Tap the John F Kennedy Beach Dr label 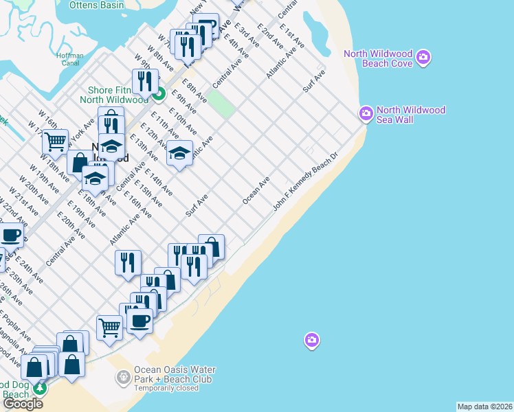pos(306,182)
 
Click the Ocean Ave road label pos(256,190)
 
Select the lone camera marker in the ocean pos(312,340)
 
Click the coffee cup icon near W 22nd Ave pos(11,235)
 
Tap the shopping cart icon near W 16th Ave pos(55,141)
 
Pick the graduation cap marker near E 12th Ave pos(179,152)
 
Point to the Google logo pos(23,404)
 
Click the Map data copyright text pos(484,407)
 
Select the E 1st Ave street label pos(287,34)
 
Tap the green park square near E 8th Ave pos(221,104)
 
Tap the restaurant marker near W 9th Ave pos(145,82)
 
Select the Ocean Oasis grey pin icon pos(123,376)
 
